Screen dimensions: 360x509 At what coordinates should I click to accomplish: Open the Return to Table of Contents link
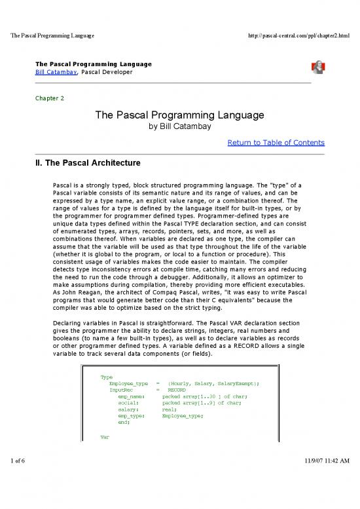coord(275,142)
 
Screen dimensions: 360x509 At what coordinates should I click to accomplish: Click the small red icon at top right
coord(318,68)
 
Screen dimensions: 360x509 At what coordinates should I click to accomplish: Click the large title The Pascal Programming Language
coord(180,115)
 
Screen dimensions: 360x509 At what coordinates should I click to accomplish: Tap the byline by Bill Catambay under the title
coord(180,127)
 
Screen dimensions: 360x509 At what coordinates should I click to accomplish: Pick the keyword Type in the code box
coord(107,377)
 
